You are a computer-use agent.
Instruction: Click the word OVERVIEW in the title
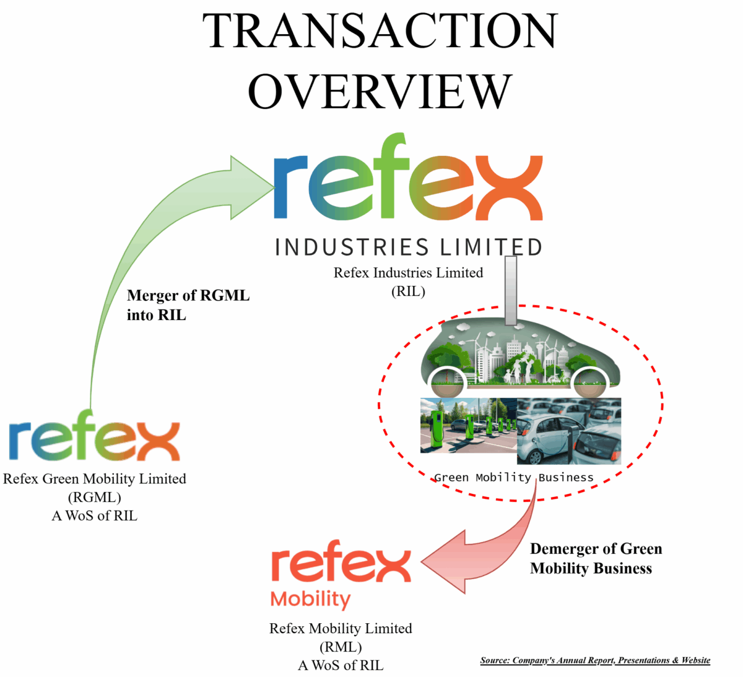[380, 91]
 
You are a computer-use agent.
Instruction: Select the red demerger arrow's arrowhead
[447, 562]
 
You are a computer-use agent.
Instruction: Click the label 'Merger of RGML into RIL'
[188, 305]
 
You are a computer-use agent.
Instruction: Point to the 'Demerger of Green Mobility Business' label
[596, 558]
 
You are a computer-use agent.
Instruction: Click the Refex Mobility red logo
[341, 564]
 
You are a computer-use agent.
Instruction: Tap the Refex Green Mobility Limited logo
[94, 440]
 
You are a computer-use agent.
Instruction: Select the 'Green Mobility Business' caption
[513, 477]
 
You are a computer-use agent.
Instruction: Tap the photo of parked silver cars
[568, 431]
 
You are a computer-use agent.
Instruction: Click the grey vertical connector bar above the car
[511, 290]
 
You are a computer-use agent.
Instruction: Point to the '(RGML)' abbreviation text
[94, 497]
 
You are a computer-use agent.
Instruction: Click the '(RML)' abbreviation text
[341, 647]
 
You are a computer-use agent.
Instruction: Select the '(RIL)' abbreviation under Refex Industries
[408, 291]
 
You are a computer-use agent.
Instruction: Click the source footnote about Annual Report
[595, 660]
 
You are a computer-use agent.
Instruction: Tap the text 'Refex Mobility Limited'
[341, 628]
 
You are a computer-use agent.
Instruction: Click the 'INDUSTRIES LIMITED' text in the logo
[409, 247]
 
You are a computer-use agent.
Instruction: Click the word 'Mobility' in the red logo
[310, 599]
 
